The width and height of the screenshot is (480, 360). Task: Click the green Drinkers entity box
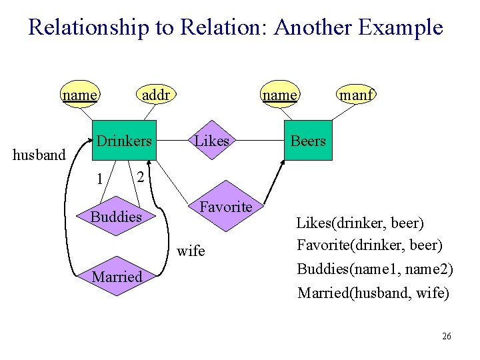click(x=123, y=141)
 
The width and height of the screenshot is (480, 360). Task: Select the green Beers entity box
click(x=307, y=141)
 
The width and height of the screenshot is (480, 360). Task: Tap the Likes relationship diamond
click(x=212, y=141)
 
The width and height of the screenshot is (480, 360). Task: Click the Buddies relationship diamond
click(x=116, y=217)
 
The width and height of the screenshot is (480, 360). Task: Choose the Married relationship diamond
click(x=117, y=276)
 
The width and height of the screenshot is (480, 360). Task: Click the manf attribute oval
click(x=356, y=95)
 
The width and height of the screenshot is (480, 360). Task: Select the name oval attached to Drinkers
click(x=79, y=95)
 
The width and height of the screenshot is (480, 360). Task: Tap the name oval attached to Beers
click(x=279, y=95)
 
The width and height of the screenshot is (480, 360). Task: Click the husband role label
click(x=39, y=155)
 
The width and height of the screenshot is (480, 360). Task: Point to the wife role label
click(x=191, y=251)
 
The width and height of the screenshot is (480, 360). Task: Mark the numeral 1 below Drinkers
click(x=99, y=179)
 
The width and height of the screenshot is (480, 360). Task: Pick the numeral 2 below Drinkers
click(x=139, y=177)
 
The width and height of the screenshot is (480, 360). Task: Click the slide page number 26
click(x=446, y=336)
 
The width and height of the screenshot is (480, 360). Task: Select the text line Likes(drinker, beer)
click(x=360, y=222)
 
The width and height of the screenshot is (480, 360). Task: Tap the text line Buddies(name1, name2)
click(x=375, y=269)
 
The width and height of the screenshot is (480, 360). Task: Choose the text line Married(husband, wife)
click(x=373, y=293)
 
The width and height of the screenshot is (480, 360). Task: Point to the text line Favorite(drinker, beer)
click(x=369, y=245)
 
